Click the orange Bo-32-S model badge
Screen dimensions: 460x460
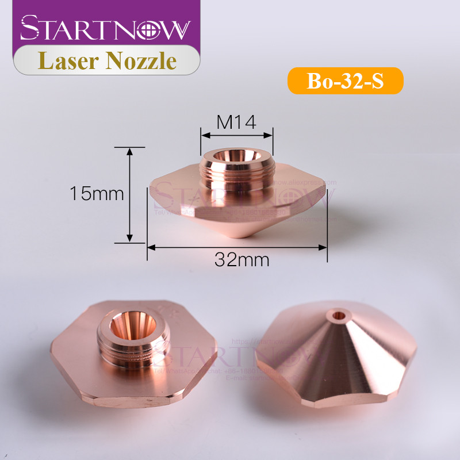(345, 81)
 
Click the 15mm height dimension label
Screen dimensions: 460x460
(97, 194)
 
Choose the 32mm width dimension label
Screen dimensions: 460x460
(242, 259)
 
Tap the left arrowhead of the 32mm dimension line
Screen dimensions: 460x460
(151, 247)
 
